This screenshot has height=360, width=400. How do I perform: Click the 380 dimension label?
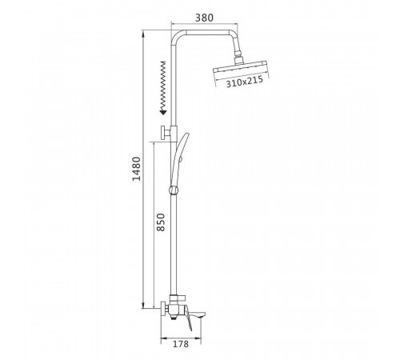tap(204, 18)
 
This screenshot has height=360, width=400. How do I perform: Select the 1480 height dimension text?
tap(136, 169)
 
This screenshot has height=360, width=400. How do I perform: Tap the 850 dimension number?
tap(161, 222)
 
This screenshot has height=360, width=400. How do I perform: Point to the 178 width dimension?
tap(181, 344)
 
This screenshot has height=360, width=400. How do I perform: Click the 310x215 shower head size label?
tap(245, 82)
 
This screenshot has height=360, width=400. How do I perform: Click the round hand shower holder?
tap(174, 190)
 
